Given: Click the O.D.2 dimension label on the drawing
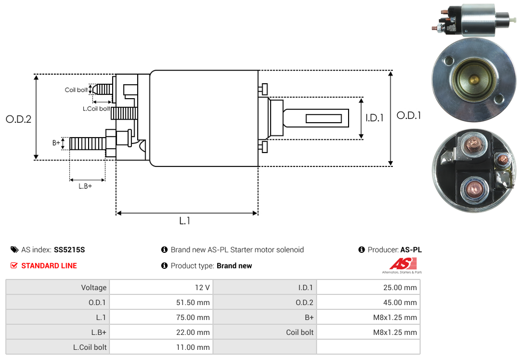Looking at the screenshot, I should coord(19,119).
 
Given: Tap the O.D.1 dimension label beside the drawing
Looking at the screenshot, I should coord(409,115).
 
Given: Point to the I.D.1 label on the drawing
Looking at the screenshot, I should coord(374,118).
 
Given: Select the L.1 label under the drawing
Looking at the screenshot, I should coord(185,221).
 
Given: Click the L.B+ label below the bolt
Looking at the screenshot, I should coord(85,186).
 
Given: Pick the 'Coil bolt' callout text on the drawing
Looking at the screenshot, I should coord(76,90).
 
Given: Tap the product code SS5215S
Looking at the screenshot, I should coord(69,250).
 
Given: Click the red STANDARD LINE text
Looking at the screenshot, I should coord(49,266).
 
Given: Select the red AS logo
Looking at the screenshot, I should coord(402,263).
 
